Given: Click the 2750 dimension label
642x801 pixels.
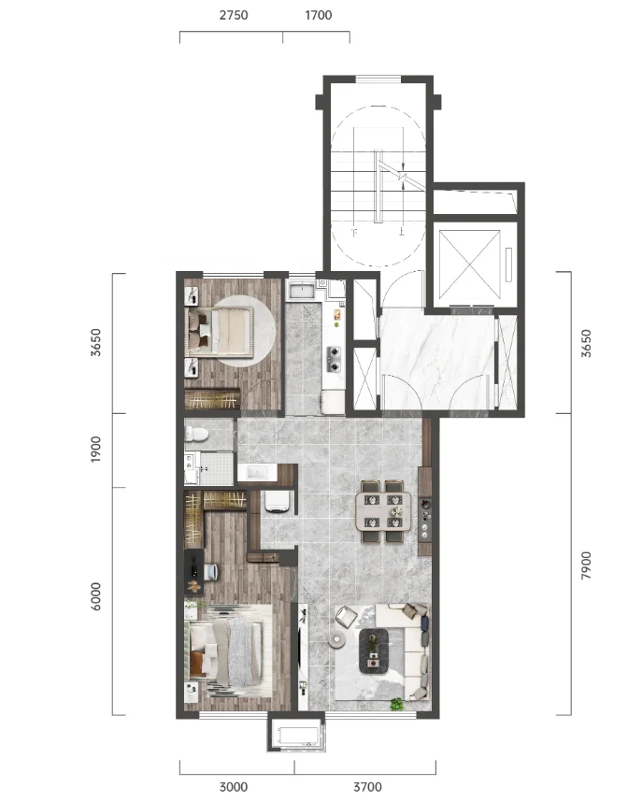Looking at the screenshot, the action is [x=234, y=15].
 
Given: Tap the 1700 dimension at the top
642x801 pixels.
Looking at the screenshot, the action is [x=318, y=15].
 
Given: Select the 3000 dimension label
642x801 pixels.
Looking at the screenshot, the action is [x=234, y=786].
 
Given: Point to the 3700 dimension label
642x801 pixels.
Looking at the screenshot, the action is [x=368, y=786].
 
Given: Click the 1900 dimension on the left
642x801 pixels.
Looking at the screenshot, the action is [x=95, y=450].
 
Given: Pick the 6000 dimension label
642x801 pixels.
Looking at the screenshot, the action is [x=95, y=596].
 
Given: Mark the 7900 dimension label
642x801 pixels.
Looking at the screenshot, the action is [x=586, y=565].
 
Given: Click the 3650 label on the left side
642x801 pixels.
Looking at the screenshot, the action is [x=95, y=342].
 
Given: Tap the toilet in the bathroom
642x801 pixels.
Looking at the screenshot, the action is [x=196, y=434].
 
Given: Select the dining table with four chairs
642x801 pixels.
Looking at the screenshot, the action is [x=383, y=511].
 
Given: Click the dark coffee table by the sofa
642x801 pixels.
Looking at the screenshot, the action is [x=374, y=651].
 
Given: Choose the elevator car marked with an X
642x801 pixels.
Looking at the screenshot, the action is [x=469, y=265].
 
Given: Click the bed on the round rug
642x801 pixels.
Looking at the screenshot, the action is [x=221, y=332].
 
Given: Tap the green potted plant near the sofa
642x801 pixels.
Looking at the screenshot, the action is [x=397, y=704].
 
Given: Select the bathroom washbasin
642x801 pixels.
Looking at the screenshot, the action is [x=257, y=472].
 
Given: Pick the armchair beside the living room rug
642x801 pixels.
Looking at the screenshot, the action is [x=347, y=615].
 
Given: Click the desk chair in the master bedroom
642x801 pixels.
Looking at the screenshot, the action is [x=211, y=571].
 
